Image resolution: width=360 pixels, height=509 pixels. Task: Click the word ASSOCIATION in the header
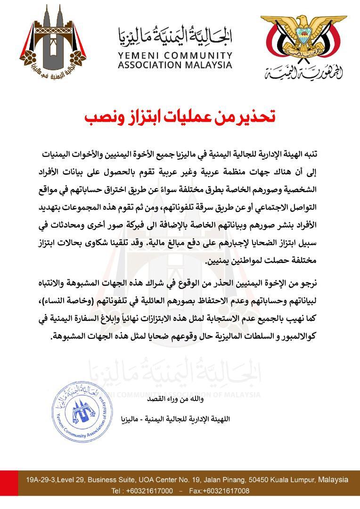point(151,65)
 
